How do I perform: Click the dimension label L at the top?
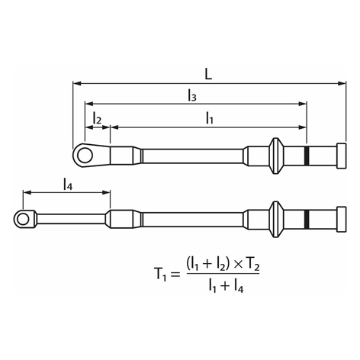208,74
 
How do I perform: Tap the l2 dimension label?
97,118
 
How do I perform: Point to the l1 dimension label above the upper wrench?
209,118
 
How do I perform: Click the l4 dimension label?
68,185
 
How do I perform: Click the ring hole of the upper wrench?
85,155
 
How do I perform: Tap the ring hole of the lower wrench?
23,219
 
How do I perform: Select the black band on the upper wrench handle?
307,156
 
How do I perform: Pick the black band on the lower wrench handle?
307,219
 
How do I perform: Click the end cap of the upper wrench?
342,156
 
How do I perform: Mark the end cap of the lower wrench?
342,219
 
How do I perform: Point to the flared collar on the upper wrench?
276,156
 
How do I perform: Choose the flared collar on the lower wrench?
276,219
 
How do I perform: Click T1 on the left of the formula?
160,274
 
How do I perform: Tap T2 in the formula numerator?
252,265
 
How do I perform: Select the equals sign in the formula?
174,275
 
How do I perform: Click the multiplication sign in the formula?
238,265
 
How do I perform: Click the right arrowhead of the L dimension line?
342,83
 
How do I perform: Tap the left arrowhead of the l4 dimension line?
27,192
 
